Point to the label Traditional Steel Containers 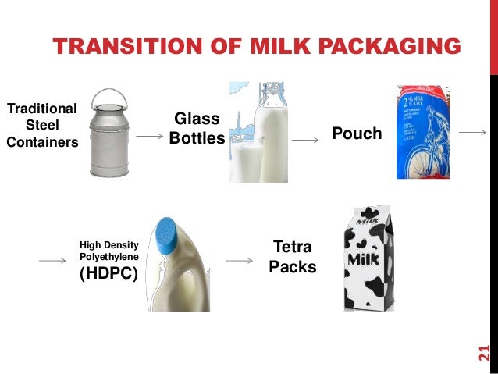click(42, 125)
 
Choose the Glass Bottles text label click(197, 128)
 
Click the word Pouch click(357, 134)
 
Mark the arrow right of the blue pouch click(473, 133)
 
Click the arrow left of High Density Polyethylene click(52, 261)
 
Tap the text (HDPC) click(107, 273)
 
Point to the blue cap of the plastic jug click(166, 232)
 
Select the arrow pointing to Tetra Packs click(237, 260)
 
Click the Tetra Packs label click(292, 257)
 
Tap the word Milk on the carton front click(365, 258)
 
